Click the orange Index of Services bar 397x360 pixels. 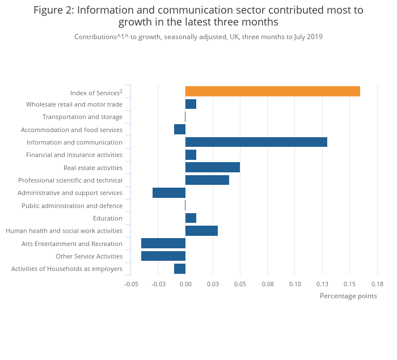tap(272, 91)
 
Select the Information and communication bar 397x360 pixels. tap(256, 142)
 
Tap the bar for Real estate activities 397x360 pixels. tap(212, 167)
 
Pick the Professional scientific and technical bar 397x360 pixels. tap(207, 180)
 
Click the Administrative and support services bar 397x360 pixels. tap(169, 193)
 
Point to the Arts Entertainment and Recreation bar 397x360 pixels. tap(163, 243)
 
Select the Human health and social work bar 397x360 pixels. tap(201, 231)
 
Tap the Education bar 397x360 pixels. tap(191, 218)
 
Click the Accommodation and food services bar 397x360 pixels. tap(180, 129)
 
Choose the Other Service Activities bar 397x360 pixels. tap(163, 256)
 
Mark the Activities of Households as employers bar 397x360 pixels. tap(180, 269)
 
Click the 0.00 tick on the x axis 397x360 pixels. tap(185, 283)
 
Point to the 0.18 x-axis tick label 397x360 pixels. tap(377, 283)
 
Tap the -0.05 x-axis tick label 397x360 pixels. tap(131, 283)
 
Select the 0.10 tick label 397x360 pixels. tap(295, 283)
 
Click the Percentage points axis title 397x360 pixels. tap(348, 296)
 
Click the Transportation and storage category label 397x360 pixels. tap(82, 117)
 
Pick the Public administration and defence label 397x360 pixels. tap(72, 206)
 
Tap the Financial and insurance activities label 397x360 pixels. tap(74, 155)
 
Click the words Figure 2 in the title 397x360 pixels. tap(55, 10)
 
